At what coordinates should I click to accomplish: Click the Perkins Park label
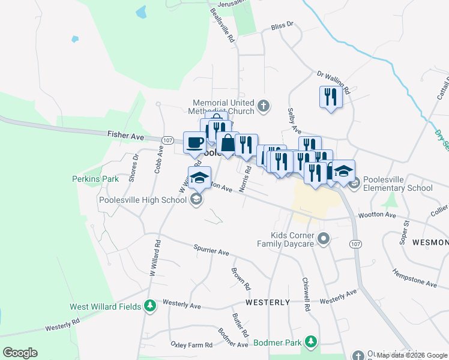point(95,179)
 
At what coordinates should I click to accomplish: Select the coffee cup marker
point(194,143)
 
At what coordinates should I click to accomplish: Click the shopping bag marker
point(228,144)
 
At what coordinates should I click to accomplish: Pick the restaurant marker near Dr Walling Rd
point(330,97)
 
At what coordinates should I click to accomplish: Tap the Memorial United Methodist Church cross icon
point(262,107)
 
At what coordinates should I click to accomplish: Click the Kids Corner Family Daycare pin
point(324,239)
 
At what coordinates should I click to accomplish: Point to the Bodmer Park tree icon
point(310,342)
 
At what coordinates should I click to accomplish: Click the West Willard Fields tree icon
point(150,307)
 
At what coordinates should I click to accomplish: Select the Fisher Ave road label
point(127,136)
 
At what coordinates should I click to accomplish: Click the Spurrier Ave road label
point(211,248)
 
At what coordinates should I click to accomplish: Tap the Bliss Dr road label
point(281,25)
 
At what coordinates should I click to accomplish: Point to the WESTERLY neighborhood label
point(268,302)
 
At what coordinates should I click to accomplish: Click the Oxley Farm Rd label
point(191,345)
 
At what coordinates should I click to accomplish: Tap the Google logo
point(20,353)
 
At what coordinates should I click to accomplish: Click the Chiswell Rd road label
point(306,293)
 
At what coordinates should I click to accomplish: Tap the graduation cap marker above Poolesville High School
point(199,177)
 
